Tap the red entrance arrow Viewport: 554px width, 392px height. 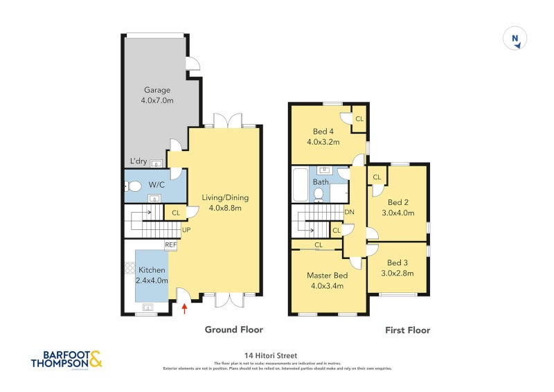pos(184,308)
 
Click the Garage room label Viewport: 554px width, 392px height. pos(157,90)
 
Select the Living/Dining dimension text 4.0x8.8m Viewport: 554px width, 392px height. pos(225,208)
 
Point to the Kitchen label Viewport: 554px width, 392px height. pos(152,269)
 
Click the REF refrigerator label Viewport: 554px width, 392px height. pos(171,244)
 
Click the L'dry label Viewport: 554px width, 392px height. pos(138,162)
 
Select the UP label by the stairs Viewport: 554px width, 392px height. pos(186,230)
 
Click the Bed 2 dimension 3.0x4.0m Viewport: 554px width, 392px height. pos(400,213)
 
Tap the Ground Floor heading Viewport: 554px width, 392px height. pos(233,330)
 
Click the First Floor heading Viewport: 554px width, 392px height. pos(407,330)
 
